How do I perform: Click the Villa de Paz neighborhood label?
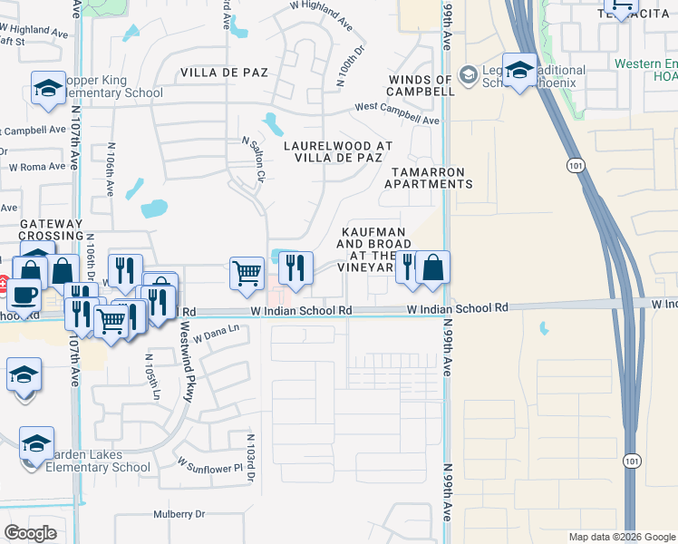(224, 73)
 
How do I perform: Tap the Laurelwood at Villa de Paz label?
(338, 151)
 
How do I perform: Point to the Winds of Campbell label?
(421, 85)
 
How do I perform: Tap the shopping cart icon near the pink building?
(247, 273)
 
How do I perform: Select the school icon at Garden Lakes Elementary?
(36, 443)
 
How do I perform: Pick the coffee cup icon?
(25, 296)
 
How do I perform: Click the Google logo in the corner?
(30, 533)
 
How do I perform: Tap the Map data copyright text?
(622, 537)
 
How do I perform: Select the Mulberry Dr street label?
(179, 514)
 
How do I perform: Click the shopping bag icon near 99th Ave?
(433, 267)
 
